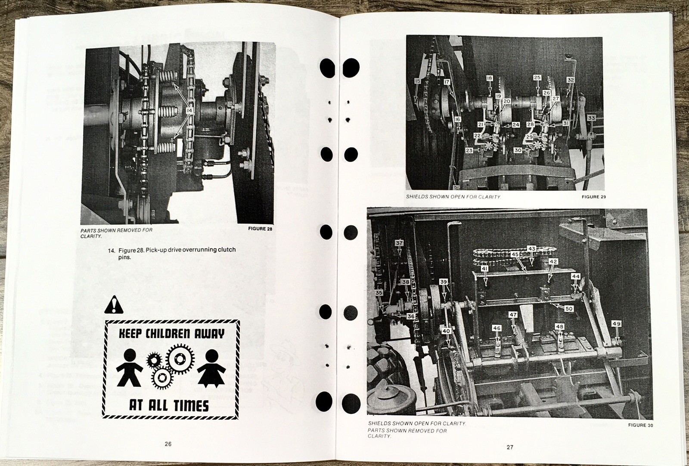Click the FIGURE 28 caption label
pos(260,229)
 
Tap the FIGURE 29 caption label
pos(593,197)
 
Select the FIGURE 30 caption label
pos(640,425)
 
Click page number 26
pos(168,444)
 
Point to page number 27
pos(510,447)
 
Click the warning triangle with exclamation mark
pos(113,304)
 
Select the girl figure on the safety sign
pos(211,367)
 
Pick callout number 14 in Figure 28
pos(189,111)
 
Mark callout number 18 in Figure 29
pos(490,78)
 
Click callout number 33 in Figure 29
pos(591,118)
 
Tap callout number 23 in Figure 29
pos(469,150)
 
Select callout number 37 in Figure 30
pos(399,243)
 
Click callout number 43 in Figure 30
pos(532,249)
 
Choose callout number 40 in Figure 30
pos(446,331)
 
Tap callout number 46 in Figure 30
pos(497,328)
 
